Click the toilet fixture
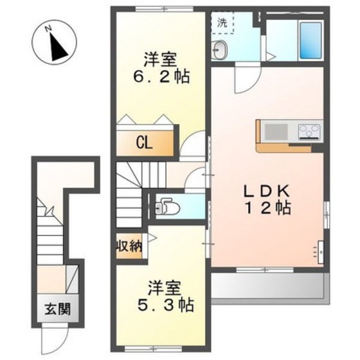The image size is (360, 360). click(x=169, y=208)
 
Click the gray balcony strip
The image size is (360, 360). click(x=270, y=286)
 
